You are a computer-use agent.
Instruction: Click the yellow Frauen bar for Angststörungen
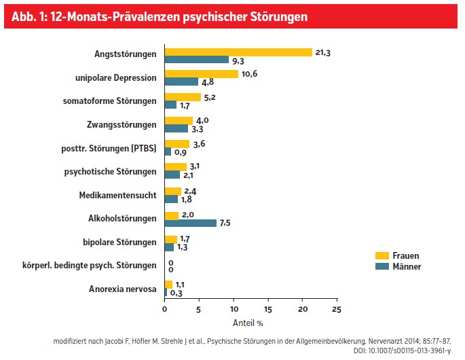click(x=238, y=52)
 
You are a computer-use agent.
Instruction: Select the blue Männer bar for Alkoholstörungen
click(x=191, y=223)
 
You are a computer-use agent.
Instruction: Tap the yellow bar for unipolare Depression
click(x=202, y=74)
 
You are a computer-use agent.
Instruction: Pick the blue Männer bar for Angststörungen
click(x=197, y=60)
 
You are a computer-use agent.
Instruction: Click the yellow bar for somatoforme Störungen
click(x=183, y=97)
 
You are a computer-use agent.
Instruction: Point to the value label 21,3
click(x=322, y=52)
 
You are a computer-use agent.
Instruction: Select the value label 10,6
click(x=249, y=74)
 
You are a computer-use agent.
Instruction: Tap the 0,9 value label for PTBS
click(x=181, y=152)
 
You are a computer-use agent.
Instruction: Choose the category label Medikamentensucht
click(x=119, y=195)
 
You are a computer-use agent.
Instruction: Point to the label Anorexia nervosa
click(x=123, y=289)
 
